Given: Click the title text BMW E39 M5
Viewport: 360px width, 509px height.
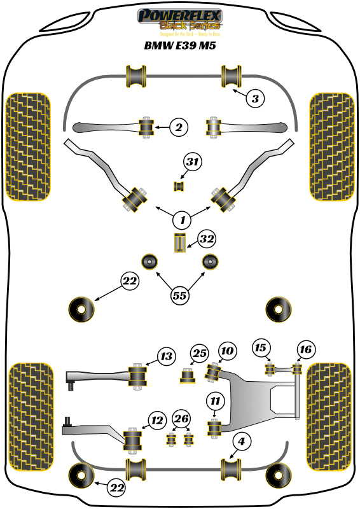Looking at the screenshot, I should click(179, 46).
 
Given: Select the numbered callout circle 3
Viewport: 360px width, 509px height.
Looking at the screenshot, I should click(254, 99).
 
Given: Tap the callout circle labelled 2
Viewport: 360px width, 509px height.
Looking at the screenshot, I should click(179, 128).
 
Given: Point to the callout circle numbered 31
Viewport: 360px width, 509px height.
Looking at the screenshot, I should click(193, 163).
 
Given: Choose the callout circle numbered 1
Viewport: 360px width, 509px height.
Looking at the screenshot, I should click(183, 220).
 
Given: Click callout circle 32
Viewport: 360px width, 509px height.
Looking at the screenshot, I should click(207, 239).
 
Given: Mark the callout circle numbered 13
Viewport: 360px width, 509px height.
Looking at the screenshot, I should click(166, 356).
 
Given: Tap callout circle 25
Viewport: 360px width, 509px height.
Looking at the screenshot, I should click(200, 353).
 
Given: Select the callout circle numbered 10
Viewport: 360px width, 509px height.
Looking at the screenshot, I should click(227, 351).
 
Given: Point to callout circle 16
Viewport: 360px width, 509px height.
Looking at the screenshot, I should click(305, 349).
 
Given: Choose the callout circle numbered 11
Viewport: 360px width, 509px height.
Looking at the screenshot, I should click(215, 401).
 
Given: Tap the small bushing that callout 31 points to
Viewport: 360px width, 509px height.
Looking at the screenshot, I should click(179, 186).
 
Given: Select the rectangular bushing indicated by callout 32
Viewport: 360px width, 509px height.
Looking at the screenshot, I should click(181, 243).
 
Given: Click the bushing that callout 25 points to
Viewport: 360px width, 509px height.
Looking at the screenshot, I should click(188, 377).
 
